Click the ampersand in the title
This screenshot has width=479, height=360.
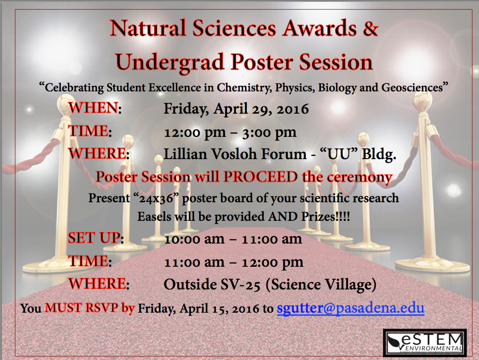point(370,28)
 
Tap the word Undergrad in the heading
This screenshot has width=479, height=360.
point(170,62)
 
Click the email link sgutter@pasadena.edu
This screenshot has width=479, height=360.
point(350,308)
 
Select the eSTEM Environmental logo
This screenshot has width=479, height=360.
point(425,342)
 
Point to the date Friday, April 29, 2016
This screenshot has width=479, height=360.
point(236,109)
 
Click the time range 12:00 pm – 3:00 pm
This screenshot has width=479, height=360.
point(230,133)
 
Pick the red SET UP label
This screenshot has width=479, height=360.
point(94,238)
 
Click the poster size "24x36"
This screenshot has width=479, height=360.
point(156,198)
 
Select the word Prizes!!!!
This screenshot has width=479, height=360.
point(326,217)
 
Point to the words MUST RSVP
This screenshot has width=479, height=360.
point(81,308)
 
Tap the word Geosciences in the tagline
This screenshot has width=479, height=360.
point(412,88)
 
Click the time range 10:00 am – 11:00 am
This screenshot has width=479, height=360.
point(233,239)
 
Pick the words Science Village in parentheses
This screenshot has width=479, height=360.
point(321,284)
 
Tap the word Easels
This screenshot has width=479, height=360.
point(154,217)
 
